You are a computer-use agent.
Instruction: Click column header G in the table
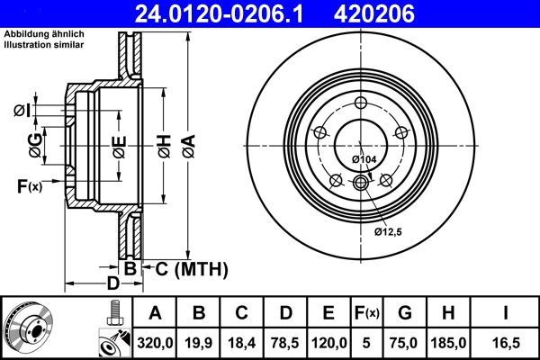coord(405,313)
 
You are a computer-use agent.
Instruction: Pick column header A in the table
coord(154,313)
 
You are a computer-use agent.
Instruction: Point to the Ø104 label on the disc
coord(363,159)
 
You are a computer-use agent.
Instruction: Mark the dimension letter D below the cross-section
coord(112,284)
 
